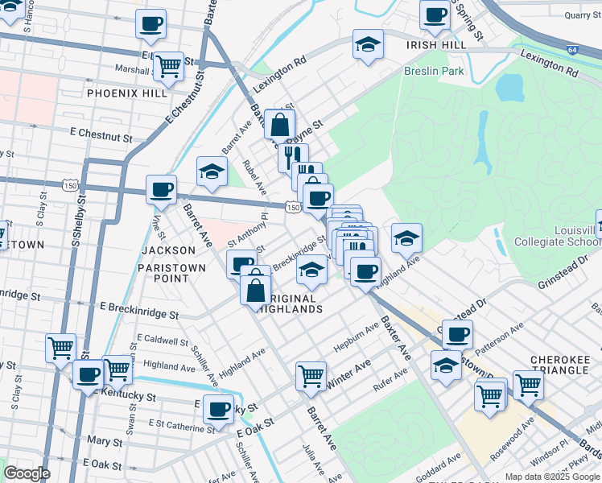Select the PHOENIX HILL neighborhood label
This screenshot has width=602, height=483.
(127, 93)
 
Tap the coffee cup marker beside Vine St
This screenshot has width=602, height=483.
(161, 188)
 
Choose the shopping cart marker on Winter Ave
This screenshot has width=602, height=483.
(311, 375)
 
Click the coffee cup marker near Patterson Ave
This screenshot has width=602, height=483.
(457, 333)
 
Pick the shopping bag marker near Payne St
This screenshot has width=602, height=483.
(279, 125)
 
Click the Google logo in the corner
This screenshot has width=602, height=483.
(27, 473)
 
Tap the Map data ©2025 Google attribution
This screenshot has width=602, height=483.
(552, 477)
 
